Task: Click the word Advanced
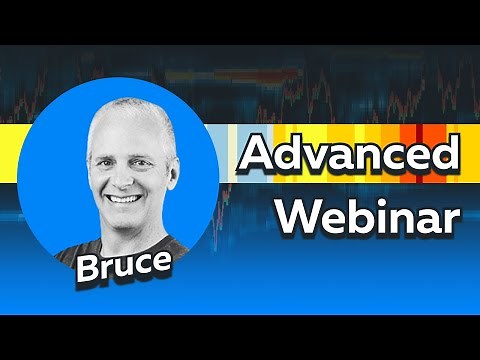[351, 157]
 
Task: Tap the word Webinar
[369, 215]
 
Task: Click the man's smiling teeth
[123, 197]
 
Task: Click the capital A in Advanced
[259, 157]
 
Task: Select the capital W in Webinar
[297, 214]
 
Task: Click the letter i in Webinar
[385, 212]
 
